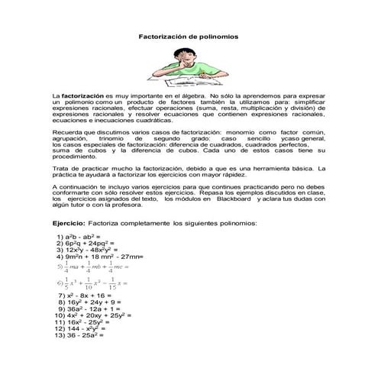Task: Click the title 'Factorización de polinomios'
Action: [189, 37]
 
